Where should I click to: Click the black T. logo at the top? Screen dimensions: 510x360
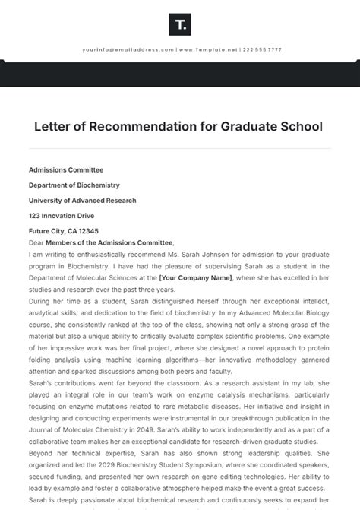[x=180, y=25]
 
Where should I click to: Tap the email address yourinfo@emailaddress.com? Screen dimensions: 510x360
[x=128, y=49]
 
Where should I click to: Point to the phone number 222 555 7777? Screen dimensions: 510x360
[x=263, y=49]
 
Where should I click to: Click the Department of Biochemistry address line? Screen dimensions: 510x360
[x=74, y=185]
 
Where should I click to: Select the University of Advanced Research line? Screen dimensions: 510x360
[x=82, y=201]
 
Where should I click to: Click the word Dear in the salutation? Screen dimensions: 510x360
[x=36, y=242]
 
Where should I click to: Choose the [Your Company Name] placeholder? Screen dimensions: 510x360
[x=194, y=277]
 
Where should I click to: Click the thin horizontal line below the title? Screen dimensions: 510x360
[x=180, y=147]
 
